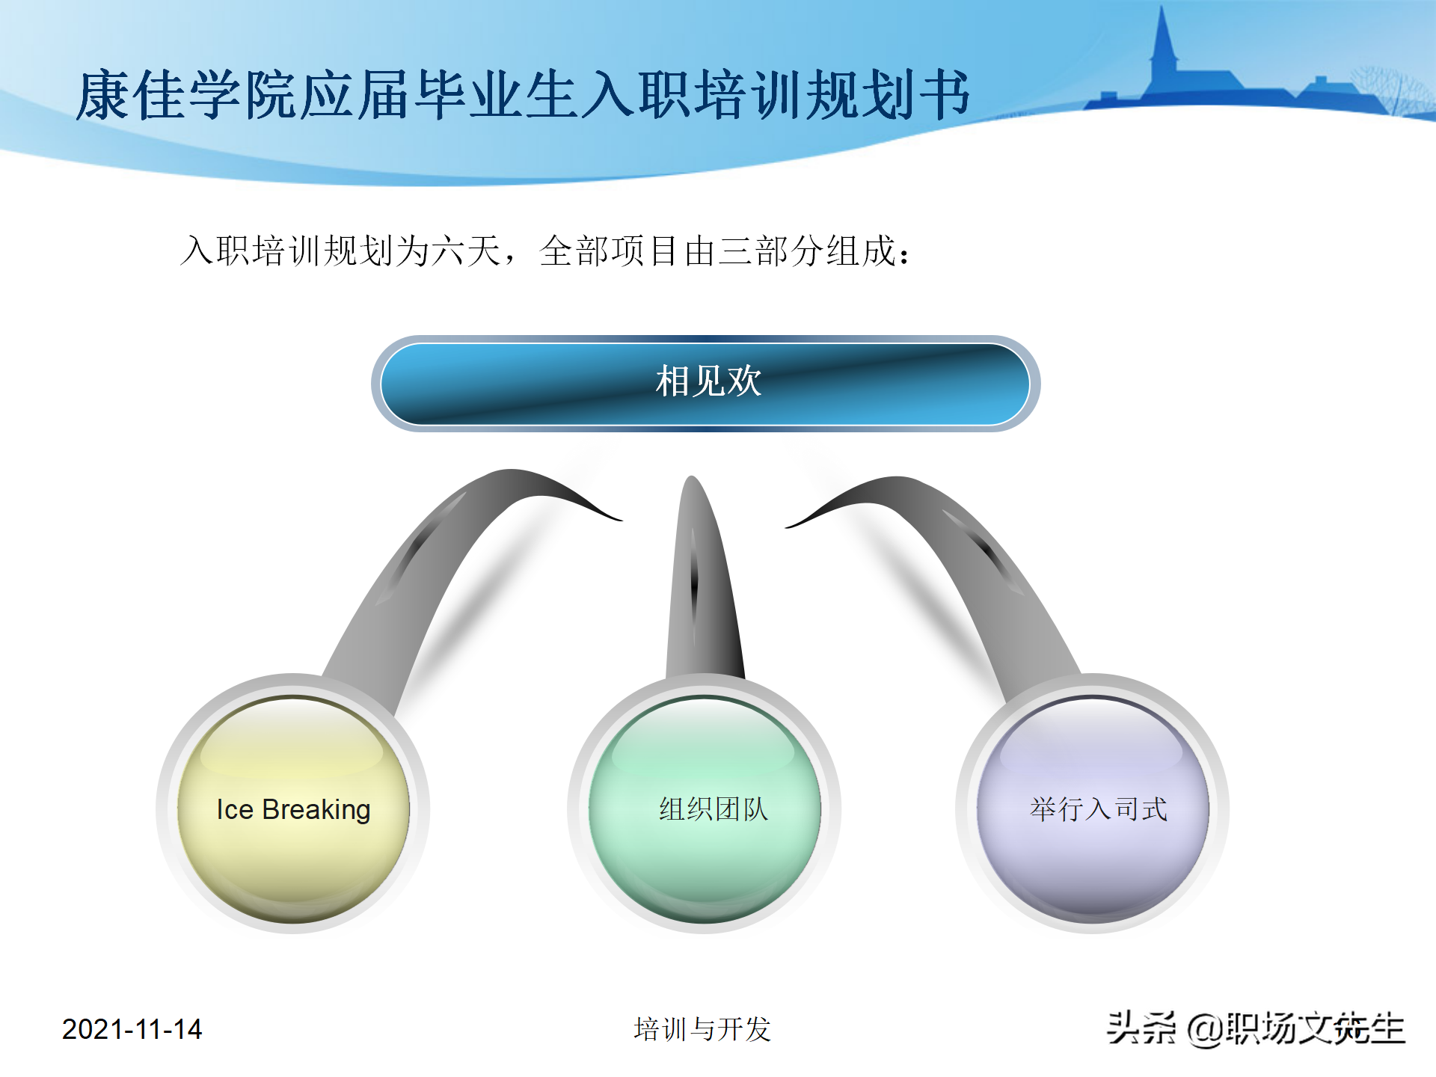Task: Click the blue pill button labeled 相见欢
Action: pyautogui.click(x=705, y=383)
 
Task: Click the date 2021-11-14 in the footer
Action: pyautogui.click(x=132, y=1030)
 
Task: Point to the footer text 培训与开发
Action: pyautogui.click(x=702, y=1030)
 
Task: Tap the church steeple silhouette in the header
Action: pyautogui.click(x=1163, y=45)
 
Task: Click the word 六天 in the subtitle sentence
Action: pyautogui.click(x=466, y=251)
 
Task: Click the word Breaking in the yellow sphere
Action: pyautogui.click(x=316, y=810)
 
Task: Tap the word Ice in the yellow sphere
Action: pyautogui.click(x=235, y=810)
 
